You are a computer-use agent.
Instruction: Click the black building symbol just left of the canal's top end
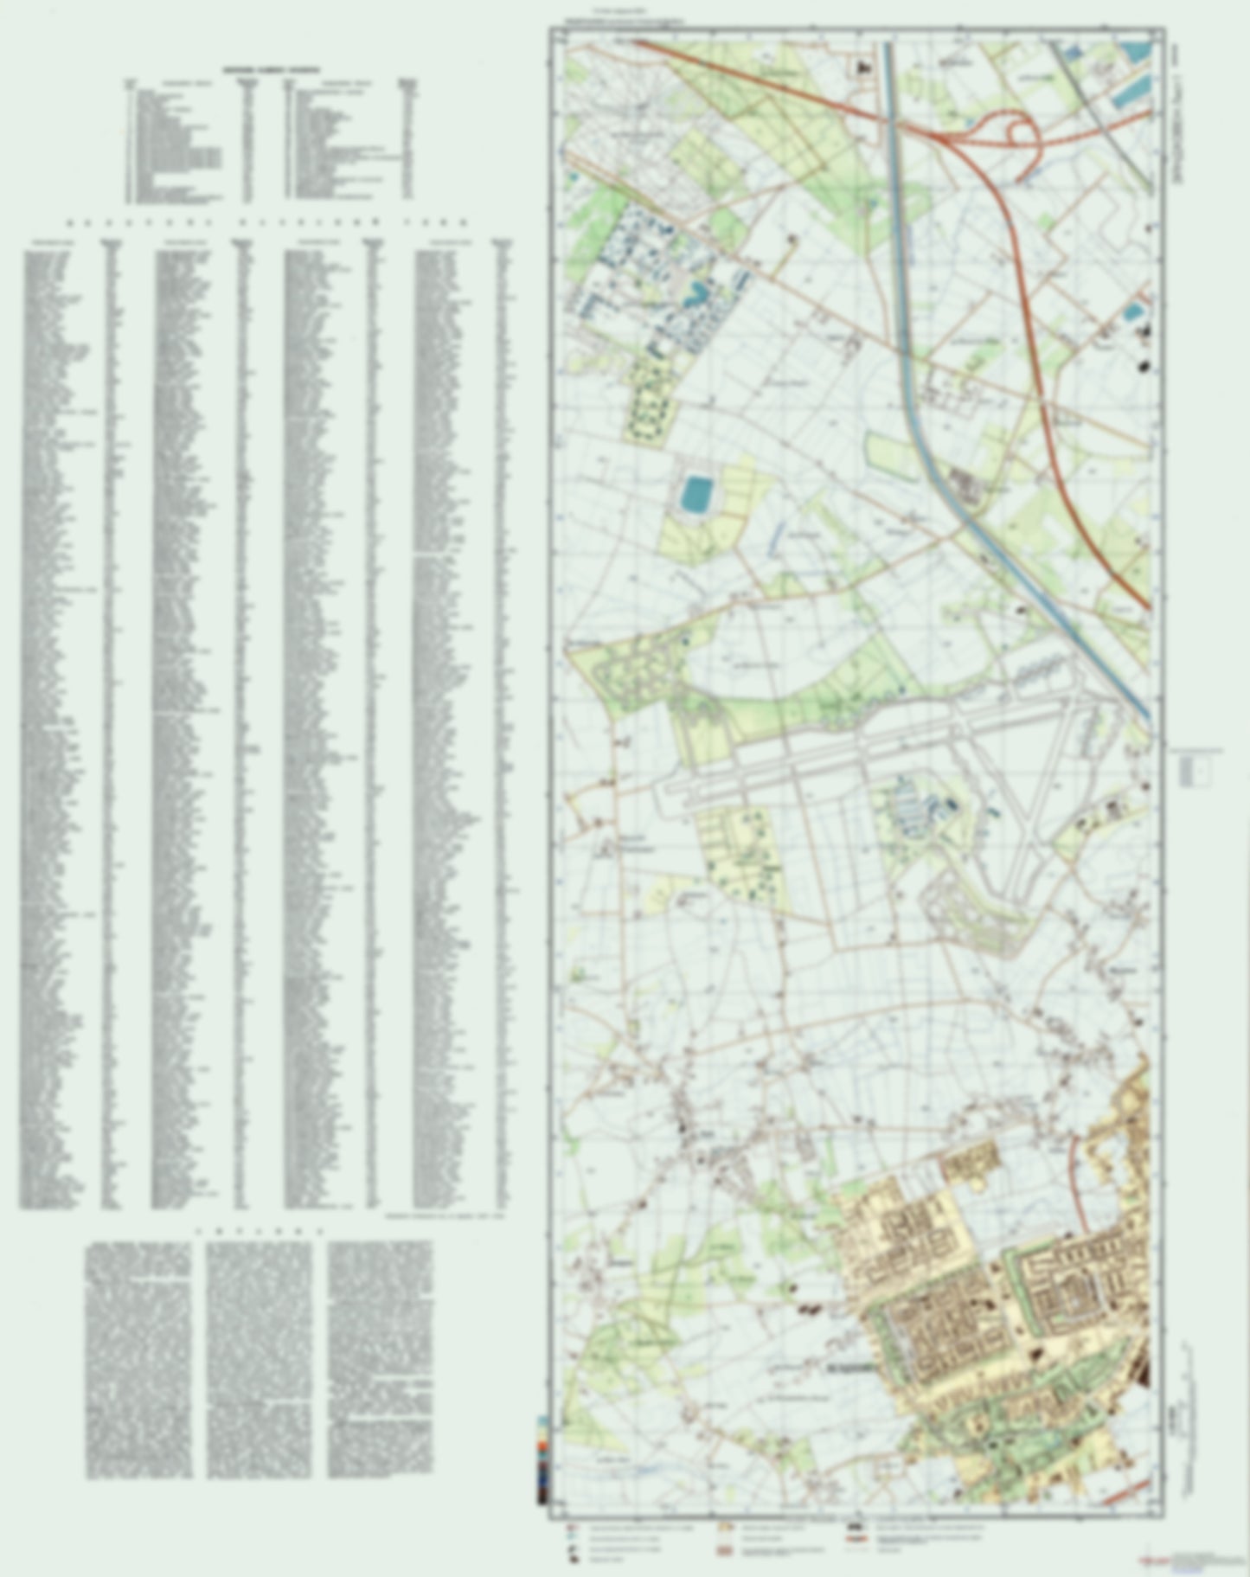tap(862, 67)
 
